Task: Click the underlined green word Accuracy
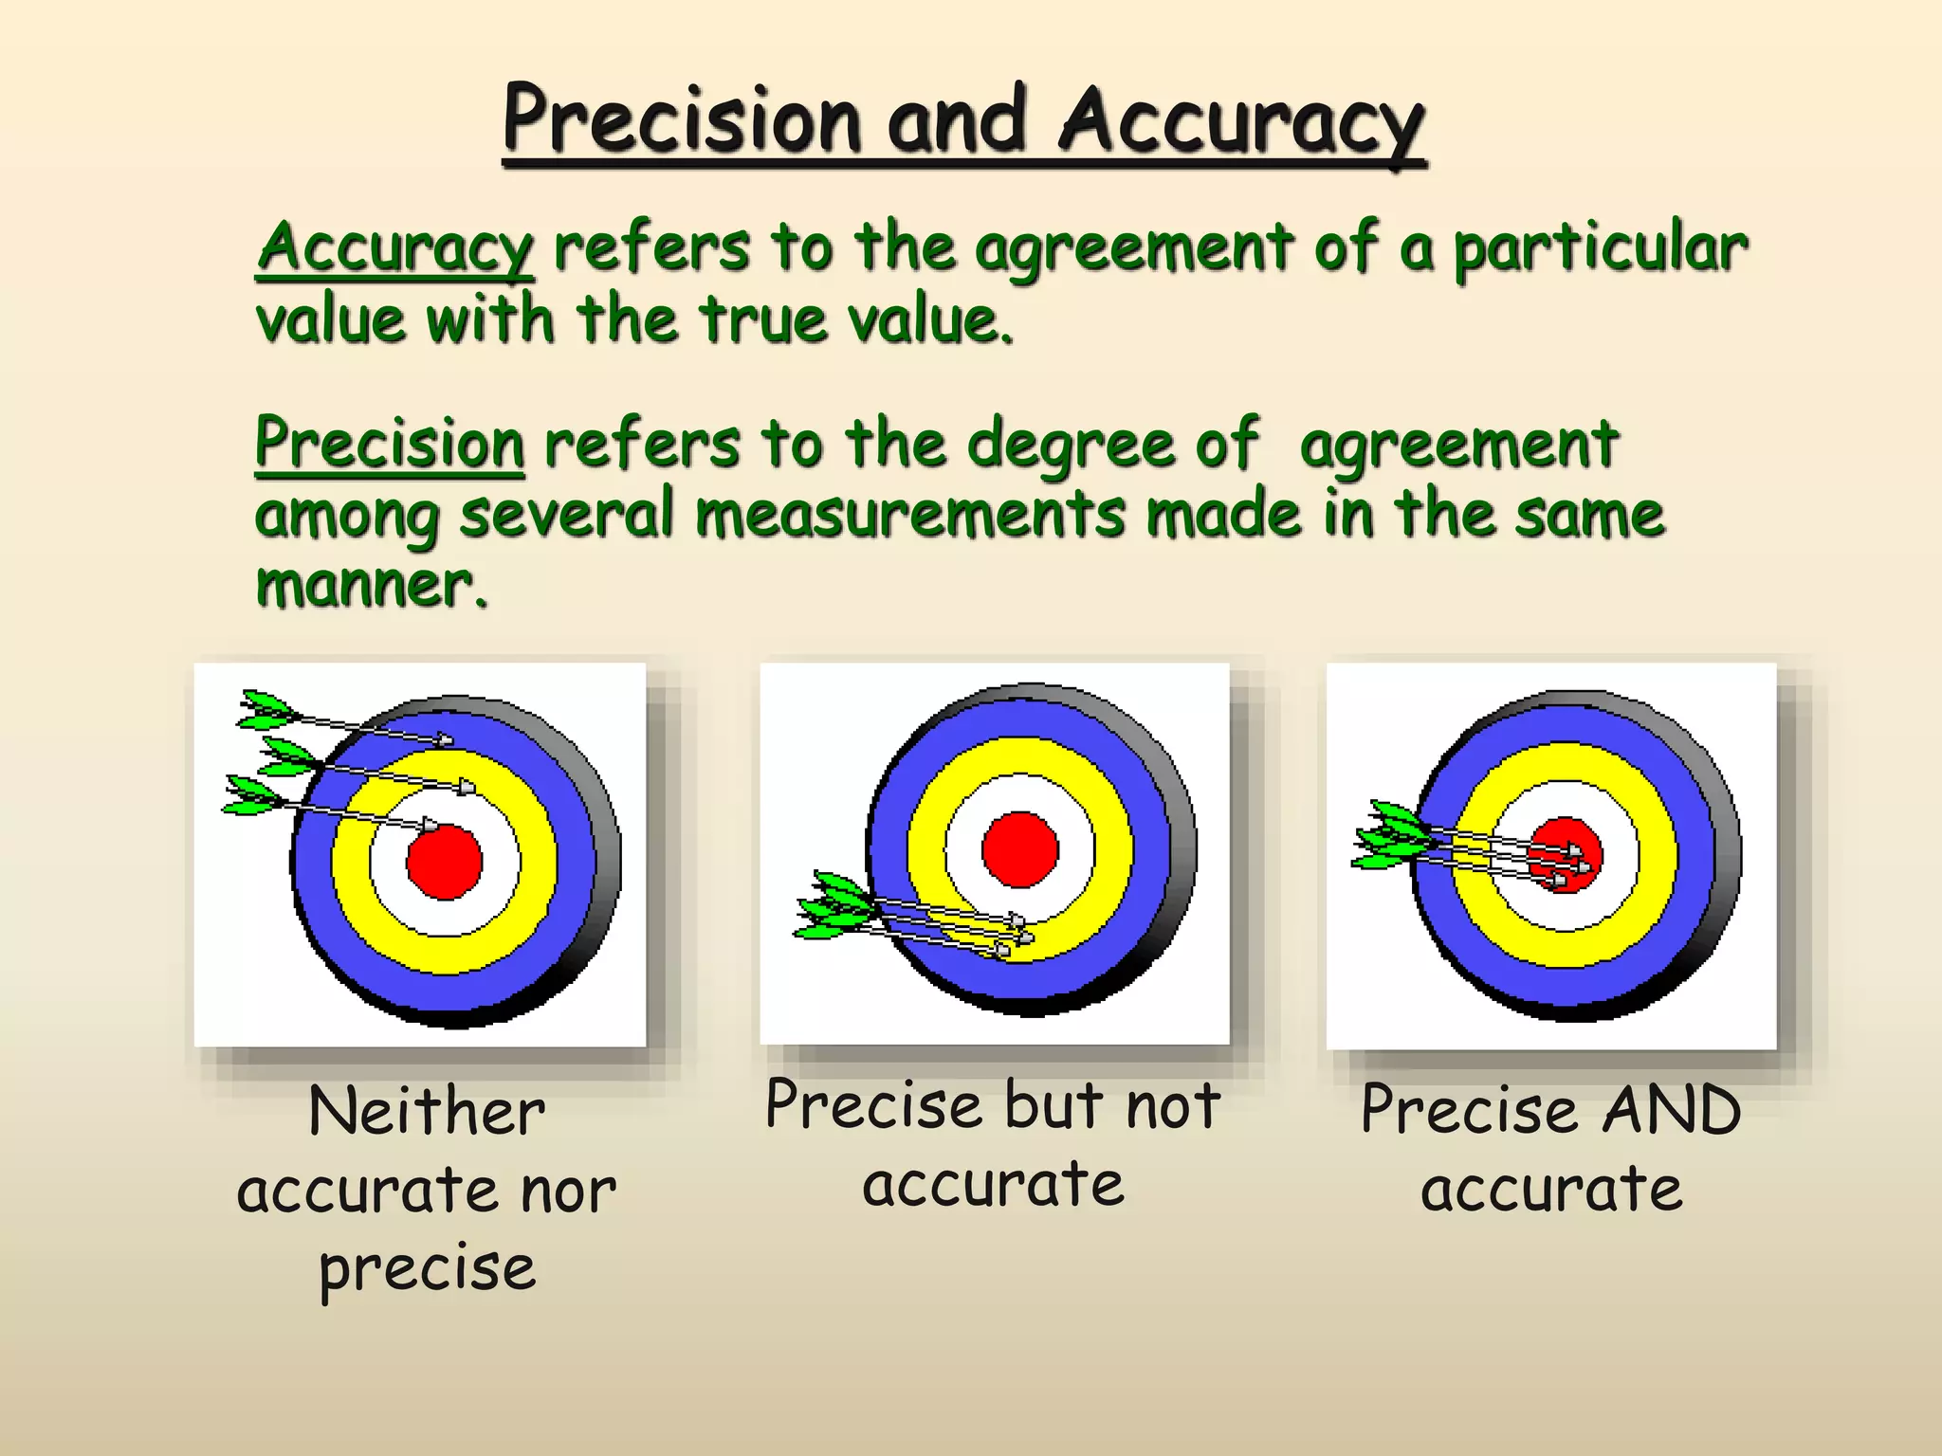[x=394, y=248]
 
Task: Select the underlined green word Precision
[x=390, y=444]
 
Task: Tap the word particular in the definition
[x=1601, y=248]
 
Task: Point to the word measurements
[x=909, y=515]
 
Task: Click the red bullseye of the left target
[x=445, y=861]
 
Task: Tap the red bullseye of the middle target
[x=1020, y=848]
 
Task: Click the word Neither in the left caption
[x=427, y=1111]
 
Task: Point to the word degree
[x=1073, y=444]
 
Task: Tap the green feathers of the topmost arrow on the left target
[x=266, y=709]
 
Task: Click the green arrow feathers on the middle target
[x=834, y=906]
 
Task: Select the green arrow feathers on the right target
[x=1390, y=835]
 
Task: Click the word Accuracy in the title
[x=1241, y=121]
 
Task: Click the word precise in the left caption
[x=427, y=1268]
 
